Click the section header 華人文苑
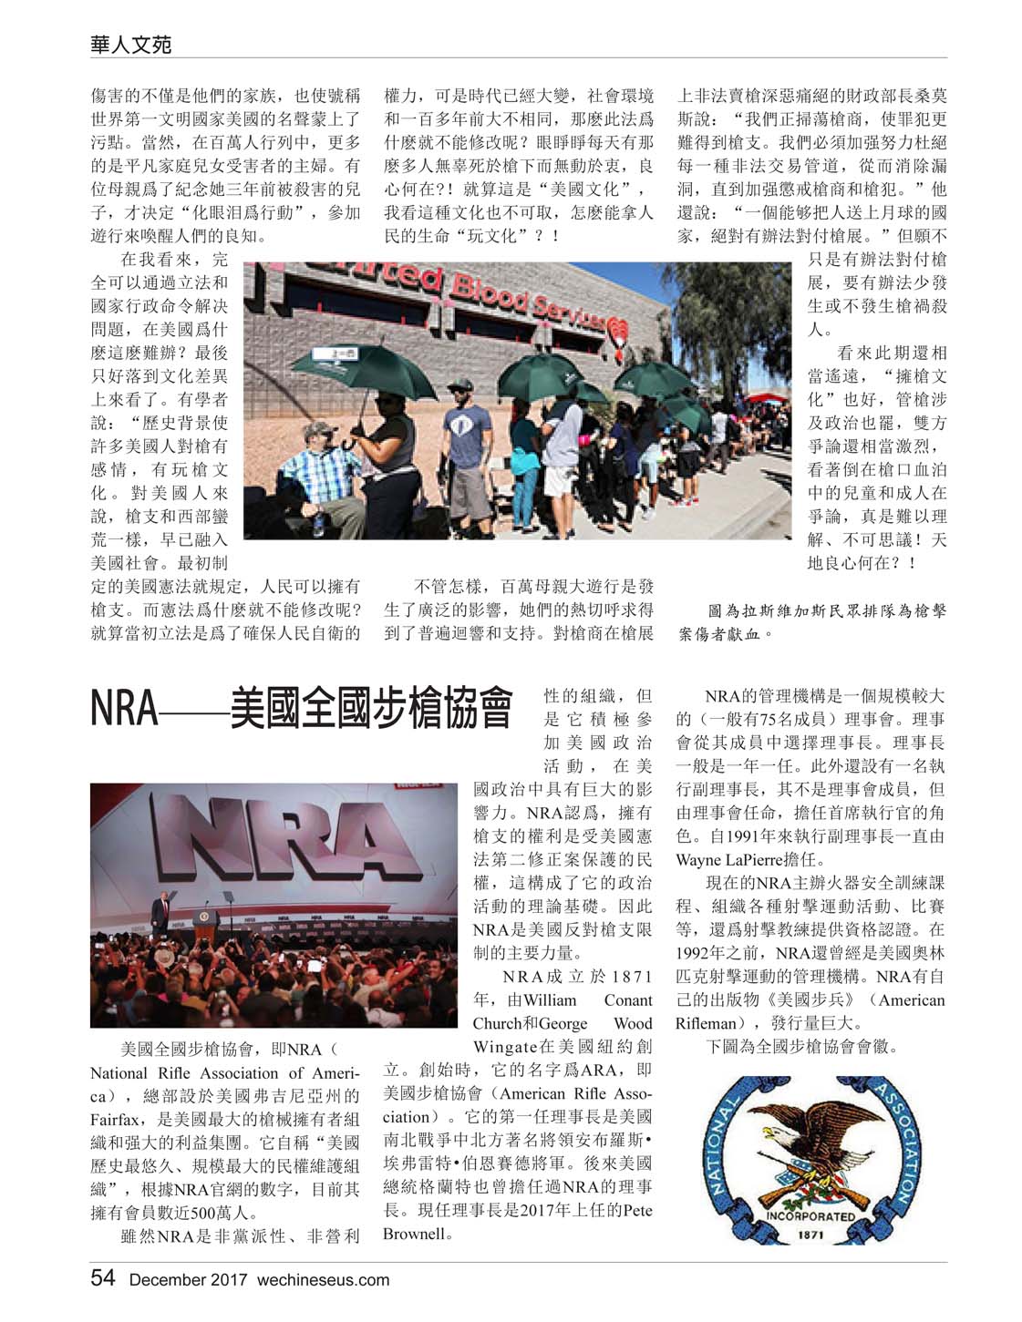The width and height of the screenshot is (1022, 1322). (x=131, y=43)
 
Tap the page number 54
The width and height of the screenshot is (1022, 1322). (x=103, y=1277)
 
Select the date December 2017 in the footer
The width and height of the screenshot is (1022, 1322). (x=188, y=1279)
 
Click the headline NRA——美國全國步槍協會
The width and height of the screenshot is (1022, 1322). (x=301, y=710)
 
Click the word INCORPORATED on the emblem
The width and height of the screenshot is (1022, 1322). (x=810, y=1215)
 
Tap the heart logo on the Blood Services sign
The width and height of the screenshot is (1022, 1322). (x=622, y=328)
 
